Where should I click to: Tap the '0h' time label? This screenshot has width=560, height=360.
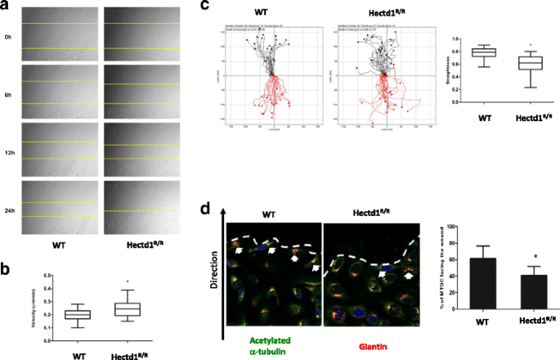click(7, 37)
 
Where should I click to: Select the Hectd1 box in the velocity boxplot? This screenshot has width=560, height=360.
click(128, 308)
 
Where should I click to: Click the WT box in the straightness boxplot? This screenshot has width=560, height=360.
click(484, 53)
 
